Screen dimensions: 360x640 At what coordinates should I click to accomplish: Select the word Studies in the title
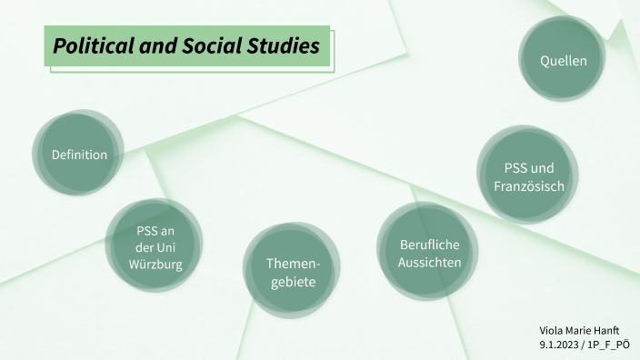click(280, 45)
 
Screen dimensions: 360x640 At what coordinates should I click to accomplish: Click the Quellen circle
click(563, 61)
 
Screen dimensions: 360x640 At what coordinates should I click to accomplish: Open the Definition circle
click(79, 155)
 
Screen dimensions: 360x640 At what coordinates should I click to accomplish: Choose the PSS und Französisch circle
click(529, 176)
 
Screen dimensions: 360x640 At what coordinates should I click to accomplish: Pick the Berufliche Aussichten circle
click(429, 253)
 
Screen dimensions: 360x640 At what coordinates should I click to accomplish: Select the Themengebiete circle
click(290, 272)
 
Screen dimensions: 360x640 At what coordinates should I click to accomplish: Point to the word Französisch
click(529, 185)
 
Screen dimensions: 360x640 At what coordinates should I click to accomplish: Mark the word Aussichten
click(429, 262)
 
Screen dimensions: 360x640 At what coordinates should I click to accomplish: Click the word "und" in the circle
click(543, 168)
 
